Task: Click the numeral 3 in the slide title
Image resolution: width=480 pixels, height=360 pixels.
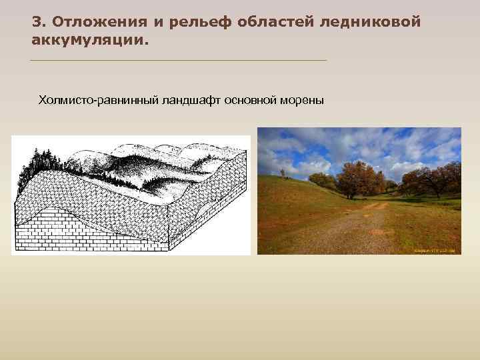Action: [36, 22]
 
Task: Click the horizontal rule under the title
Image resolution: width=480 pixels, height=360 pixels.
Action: [179, 61]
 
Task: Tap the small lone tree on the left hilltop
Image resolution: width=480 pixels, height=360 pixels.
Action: [283, 173]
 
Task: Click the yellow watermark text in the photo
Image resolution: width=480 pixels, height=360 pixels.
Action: [434, 251]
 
